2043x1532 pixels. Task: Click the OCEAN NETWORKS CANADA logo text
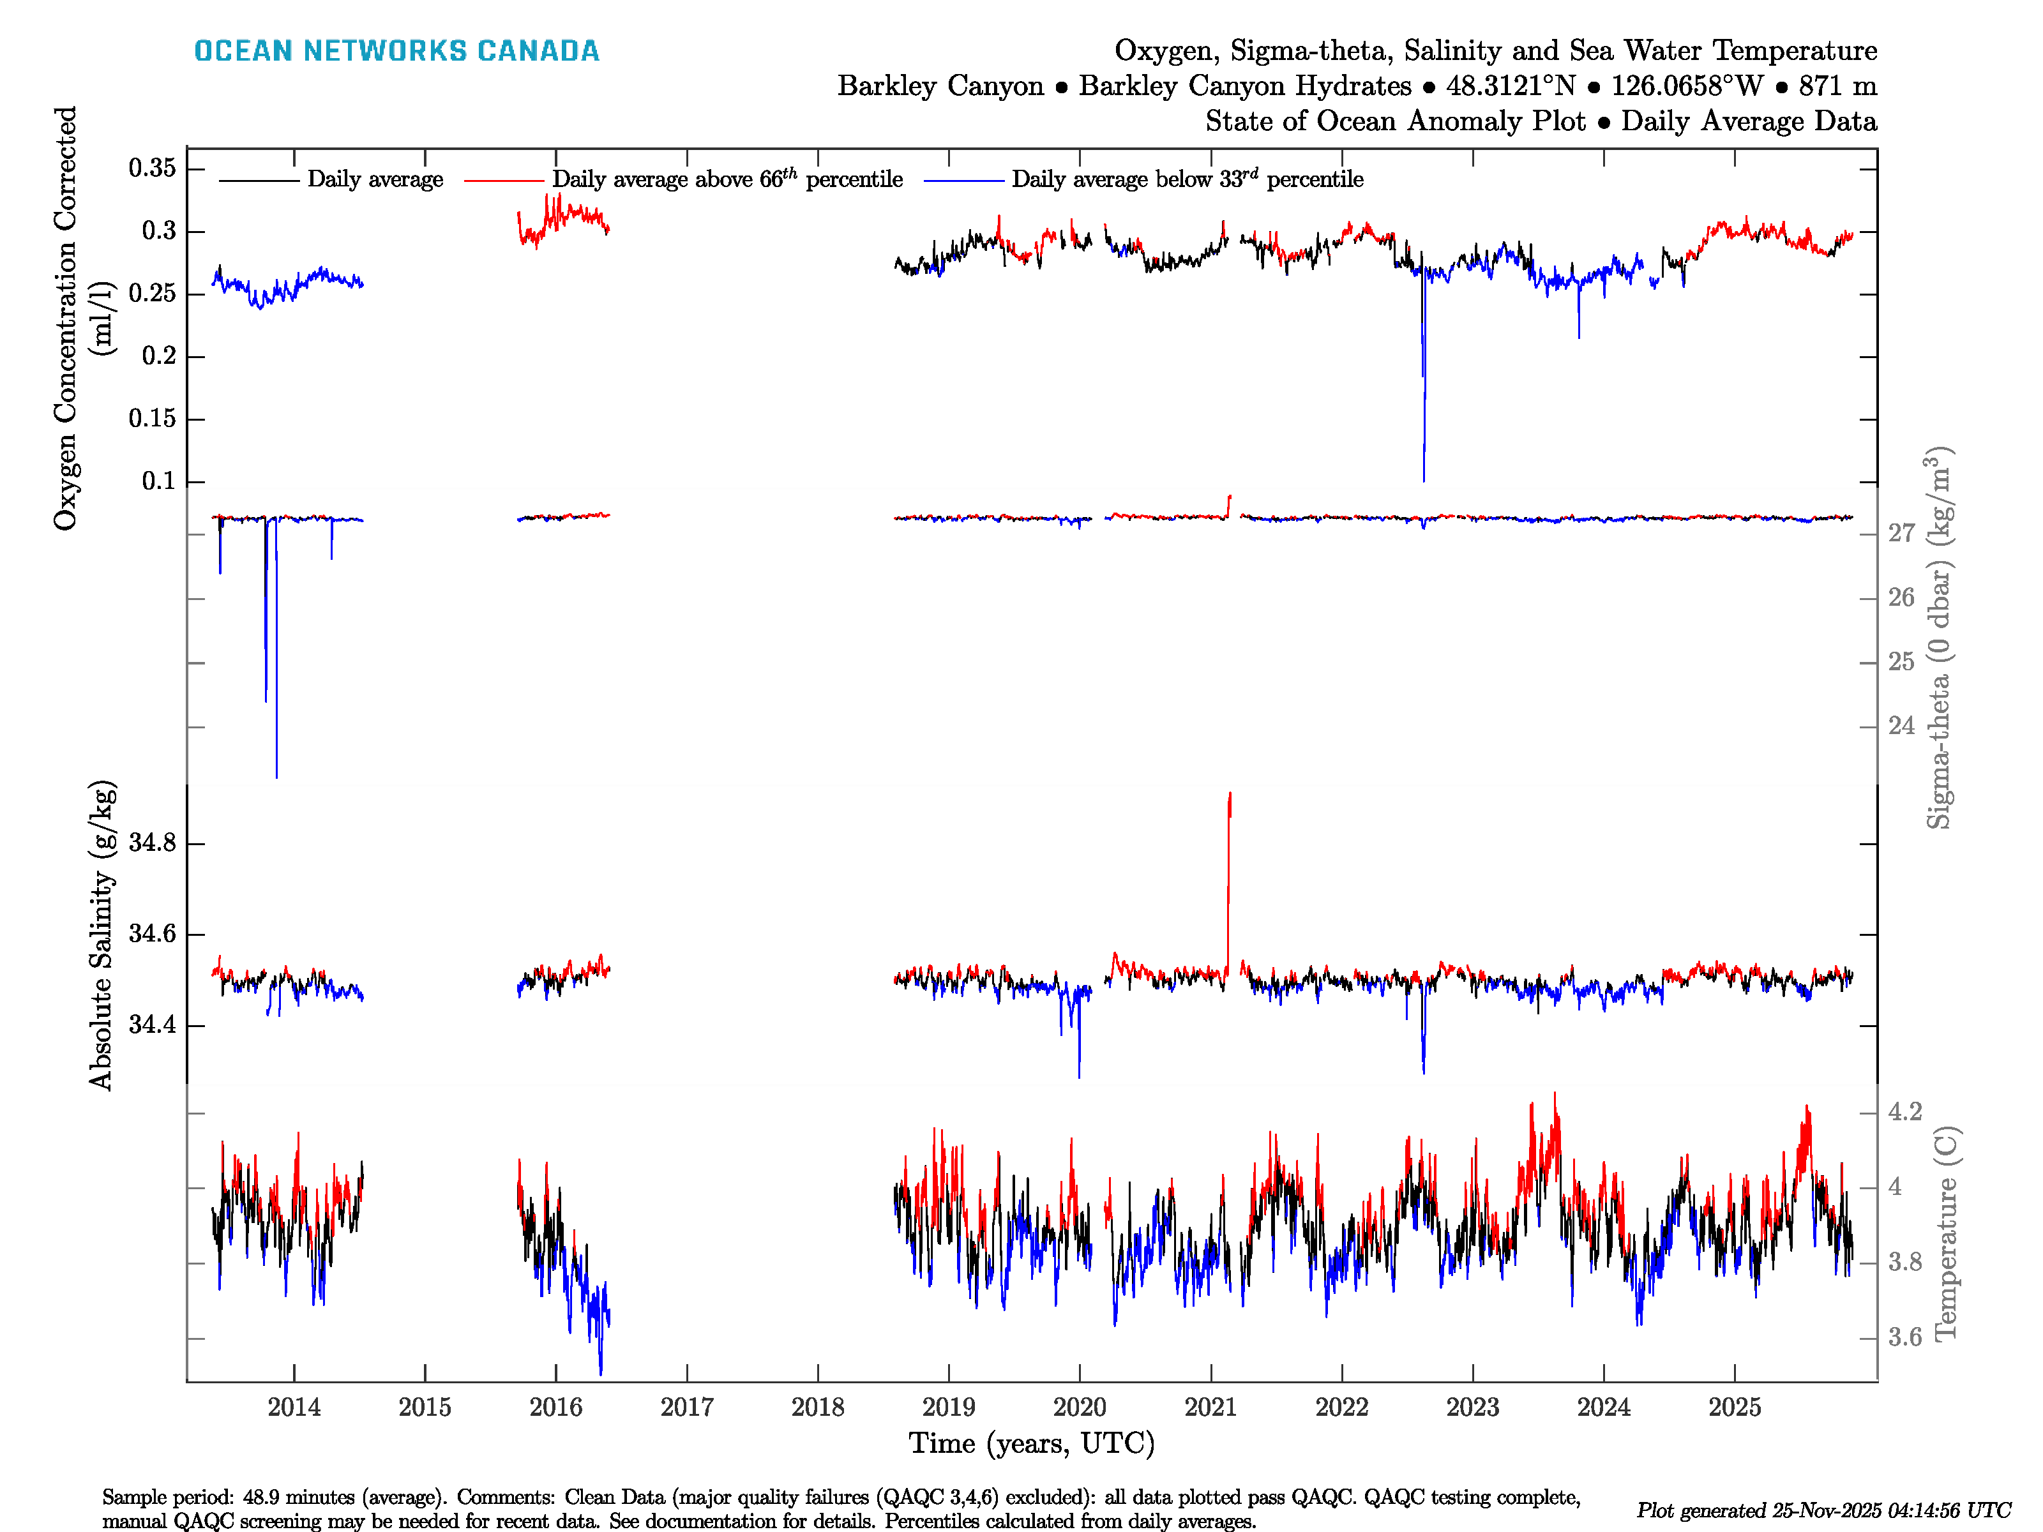pos(396,51)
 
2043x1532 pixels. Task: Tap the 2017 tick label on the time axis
pos(686,1408)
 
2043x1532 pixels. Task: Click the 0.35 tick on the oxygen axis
pos(151,168)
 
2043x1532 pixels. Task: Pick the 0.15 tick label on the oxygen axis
pos(151,418)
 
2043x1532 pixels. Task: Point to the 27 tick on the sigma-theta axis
pos(1901,533)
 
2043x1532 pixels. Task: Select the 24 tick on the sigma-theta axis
pos(1901,726)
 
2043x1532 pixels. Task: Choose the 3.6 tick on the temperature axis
pos(1904,1337)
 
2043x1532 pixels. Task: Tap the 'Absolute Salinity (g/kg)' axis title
pos(102,935)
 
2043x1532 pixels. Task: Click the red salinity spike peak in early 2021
pos(1229,794)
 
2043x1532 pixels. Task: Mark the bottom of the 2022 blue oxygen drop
pos(1423,480)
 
